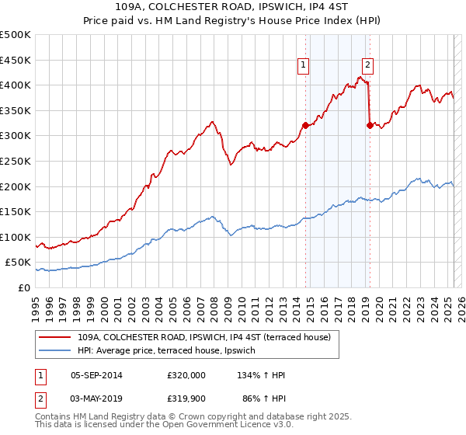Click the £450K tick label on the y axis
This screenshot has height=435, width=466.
pyautogui.click(x=15, y=60)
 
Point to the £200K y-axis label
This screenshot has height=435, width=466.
pyautogui.click(x=15, y=186)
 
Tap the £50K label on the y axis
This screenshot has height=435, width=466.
pyautogui.click(x=18, y=263)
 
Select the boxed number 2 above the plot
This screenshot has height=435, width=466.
pyautogui.click(x=367, y=66)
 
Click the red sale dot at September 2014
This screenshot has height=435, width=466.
pyautogui.click(x=305, y=125)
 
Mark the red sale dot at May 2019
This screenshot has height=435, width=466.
pyautogui.click(x=369, y=125)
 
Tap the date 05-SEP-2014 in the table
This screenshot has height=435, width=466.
pyautogui.click(x=96, y=375)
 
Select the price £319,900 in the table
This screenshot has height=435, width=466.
pyautogui.click(x=186, y=398)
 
